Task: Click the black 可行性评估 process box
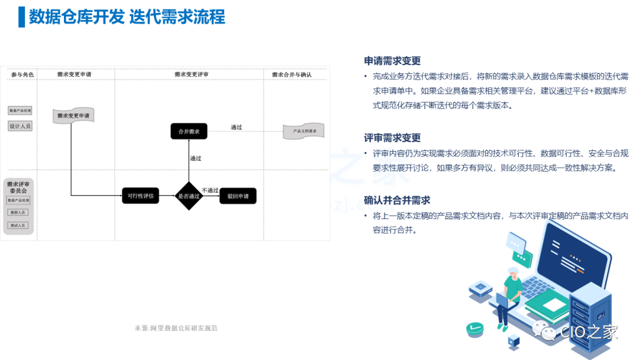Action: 141,196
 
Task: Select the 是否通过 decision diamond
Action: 189,196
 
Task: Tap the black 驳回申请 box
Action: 238,196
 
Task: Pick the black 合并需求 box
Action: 189,131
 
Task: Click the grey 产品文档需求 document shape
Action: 304,131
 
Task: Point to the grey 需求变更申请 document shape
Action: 74,115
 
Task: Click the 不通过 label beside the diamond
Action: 210,190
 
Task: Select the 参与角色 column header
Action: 22,75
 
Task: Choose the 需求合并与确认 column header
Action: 292,75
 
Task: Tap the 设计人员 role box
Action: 20,126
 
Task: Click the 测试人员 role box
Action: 18,226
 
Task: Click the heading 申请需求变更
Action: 392,61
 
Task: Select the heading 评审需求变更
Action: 392,138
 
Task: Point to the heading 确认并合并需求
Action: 397,200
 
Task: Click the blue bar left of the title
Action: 22,17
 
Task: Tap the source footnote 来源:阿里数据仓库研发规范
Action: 176,328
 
